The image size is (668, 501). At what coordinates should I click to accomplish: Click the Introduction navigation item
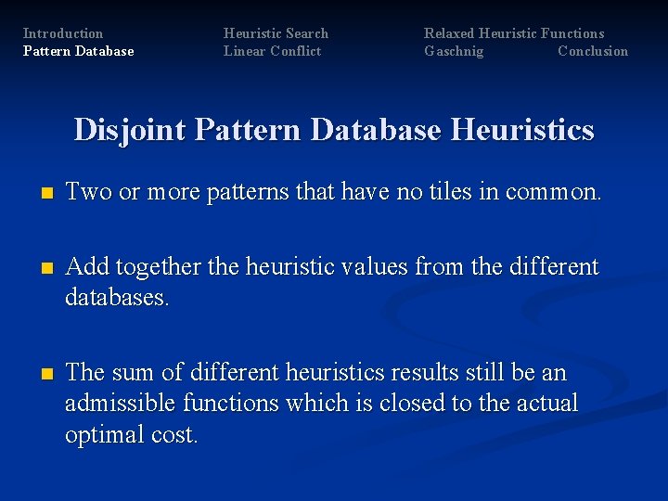pos(63,33)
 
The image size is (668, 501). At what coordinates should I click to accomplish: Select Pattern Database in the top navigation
pos(78,51)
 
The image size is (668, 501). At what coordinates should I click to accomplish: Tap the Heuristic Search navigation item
pos(276,33)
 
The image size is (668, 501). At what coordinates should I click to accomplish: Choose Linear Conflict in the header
pos(272,51)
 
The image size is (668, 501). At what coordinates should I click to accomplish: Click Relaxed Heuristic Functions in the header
pos(514,33)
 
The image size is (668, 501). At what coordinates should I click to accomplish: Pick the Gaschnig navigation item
pos(454,51)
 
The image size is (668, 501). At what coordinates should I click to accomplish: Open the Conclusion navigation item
pos(593,51)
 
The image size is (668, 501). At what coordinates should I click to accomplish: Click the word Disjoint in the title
pos(130,130)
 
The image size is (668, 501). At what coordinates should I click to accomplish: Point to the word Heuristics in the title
pos(522,130)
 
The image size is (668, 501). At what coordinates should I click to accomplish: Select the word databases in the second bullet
pos(117,299)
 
